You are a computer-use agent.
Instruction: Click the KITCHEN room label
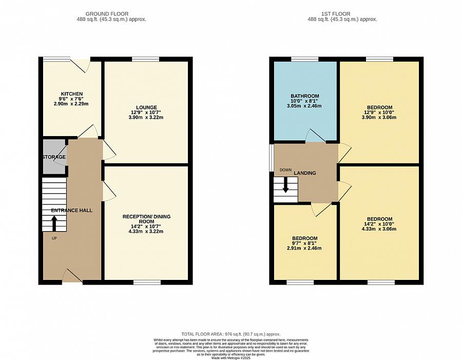pos(71,94)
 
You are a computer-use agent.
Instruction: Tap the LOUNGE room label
pos(146,107)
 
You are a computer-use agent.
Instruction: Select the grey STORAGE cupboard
pos(54,157)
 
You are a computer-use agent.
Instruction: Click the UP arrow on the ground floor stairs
pos(54,223)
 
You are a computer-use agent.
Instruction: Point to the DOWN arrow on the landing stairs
pos(285,186)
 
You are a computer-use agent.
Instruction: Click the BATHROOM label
pos(305,96)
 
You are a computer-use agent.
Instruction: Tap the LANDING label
pos(305,173)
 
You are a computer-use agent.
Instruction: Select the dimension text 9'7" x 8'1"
pos(305,243)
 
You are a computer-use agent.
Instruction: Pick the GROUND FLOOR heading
pos(107,13)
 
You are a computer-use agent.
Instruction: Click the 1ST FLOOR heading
pos(342,13)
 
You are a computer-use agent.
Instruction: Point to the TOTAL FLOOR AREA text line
pos(231,334)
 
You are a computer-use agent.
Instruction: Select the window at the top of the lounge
pos(142,59)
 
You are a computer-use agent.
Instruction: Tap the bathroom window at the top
pos(305,59)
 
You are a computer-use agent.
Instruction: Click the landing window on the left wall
pos(272,158)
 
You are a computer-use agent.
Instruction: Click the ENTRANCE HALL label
pos(71,211)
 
